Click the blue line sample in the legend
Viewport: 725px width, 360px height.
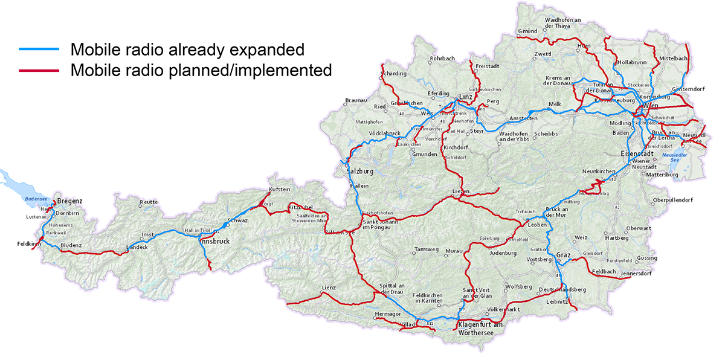(39, 49)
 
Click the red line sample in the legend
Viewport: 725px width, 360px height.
(39, 70)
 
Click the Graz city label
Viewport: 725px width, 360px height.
(563, 255)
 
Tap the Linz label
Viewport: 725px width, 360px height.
(465, 97)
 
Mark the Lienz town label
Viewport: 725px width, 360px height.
(329, 288)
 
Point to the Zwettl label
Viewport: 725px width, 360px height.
(543, 54)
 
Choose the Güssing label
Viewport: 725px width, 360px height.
(646, 258)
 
